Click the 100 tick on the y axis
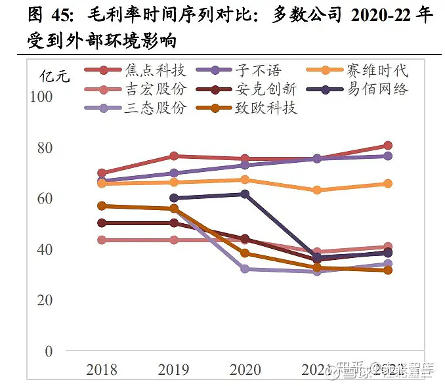coord(41,96)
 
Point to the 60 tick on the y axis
coord(45,198)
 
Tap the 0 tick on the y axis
coord(49,352)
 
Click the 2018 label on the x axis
coord(102,370)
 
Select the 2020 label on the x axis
coord(245,370)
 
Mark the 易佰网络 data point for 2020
coord(245,194)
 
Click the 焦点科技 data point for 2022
coord(388,146)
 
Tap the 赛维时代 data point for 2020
coord(245,180)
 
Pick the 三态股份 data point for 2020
coord(245,269)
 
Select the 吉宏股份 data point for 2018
coord(102,240)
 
